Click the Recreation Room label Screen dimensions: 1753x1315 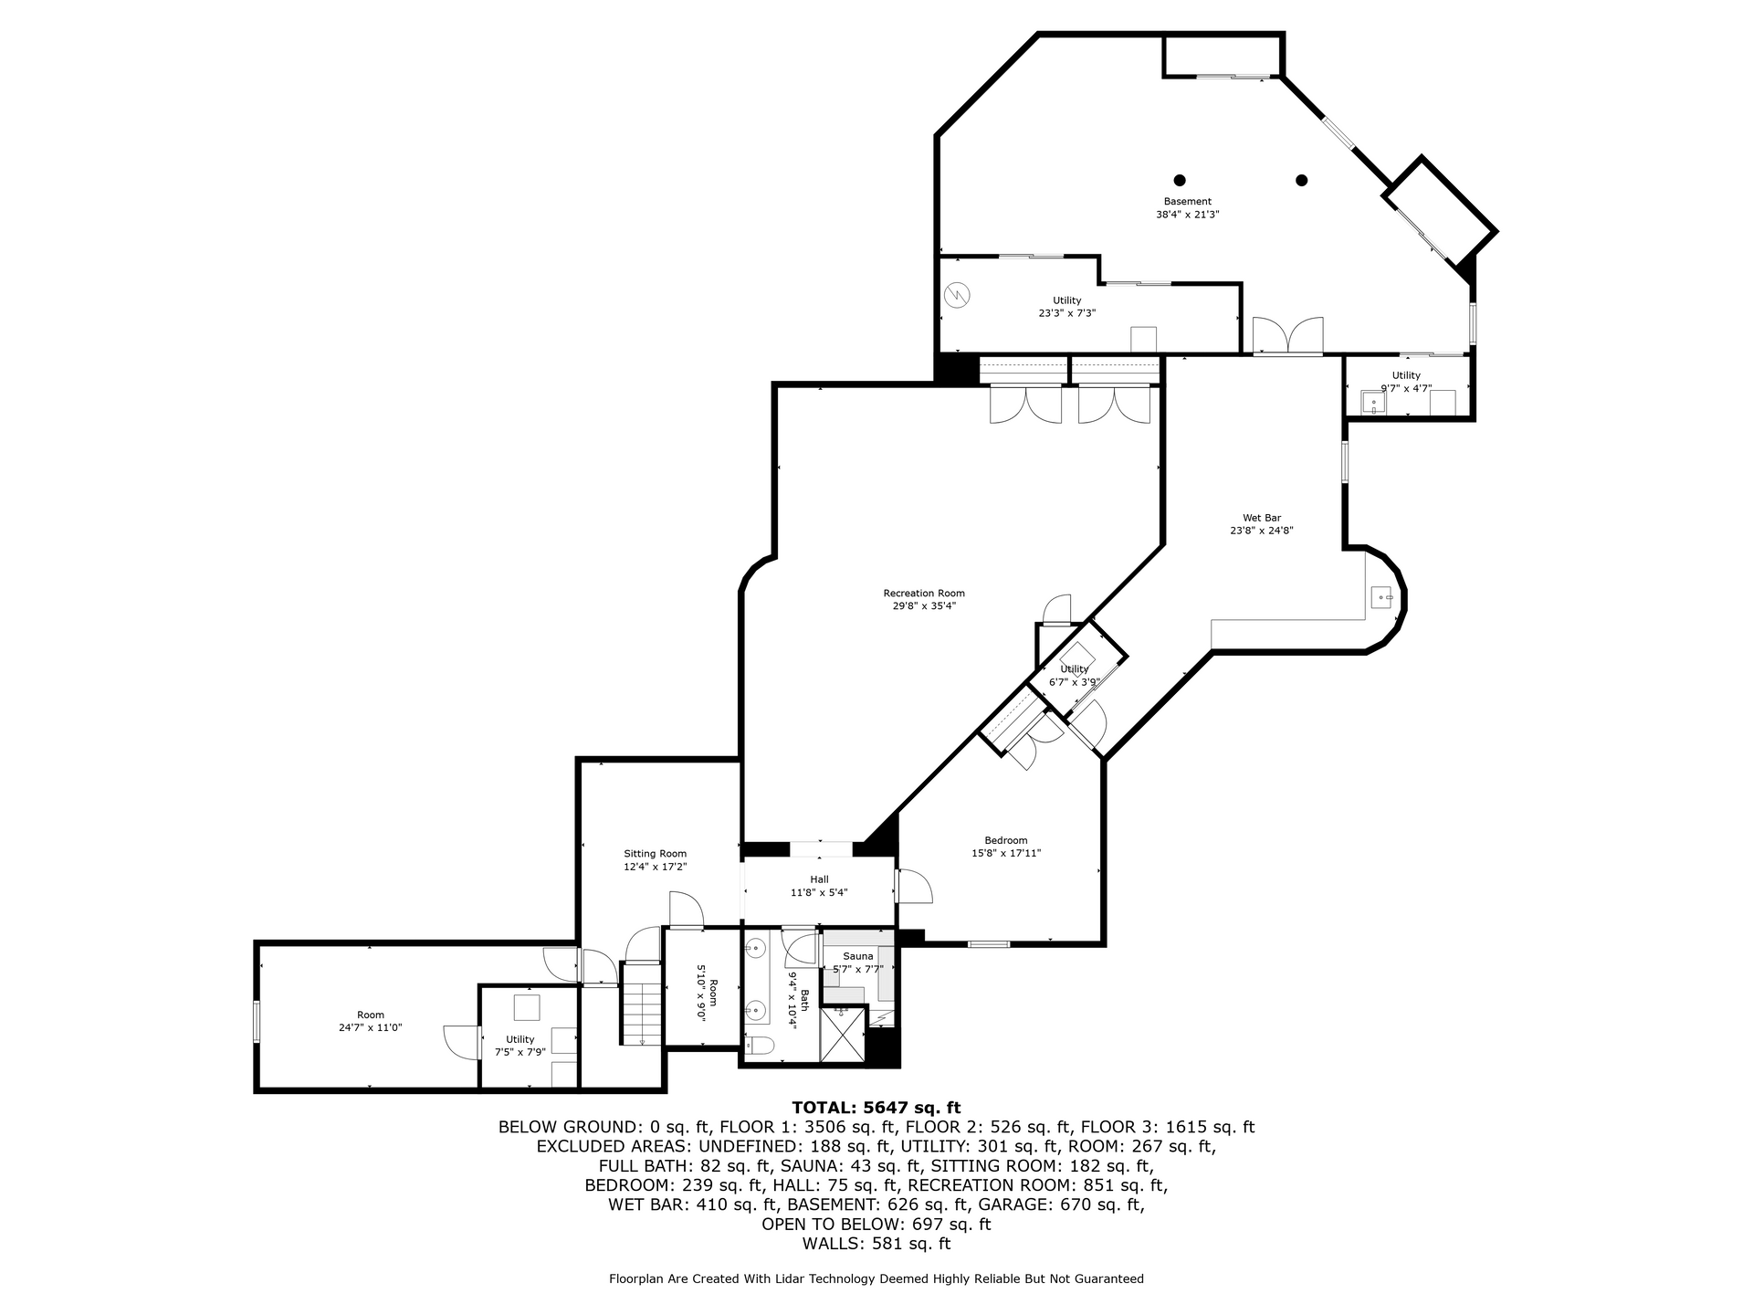coord(924,594)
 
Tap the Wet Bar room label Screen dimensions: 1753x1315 coord(1262,518)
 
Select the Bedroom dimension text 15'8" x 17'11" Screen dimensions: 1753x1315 coord(1006,854)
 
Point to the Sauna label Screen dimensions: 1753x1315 coord(858,956)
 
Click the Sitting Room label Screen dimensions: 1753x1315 coord(655,854)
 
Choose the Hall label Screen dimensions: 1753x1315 coord(819,879)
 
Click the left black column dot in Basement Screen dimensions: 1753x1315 coord(1180,180)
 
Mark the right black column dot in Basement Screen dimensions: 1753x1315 coord(1302,180)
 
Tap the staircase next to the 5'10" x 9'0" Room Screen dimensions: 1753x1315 coord(641,1005)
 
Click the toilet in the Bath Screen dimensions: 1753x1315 coord(761,1045)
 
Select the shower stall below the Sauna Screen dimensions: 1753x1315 coord(841,1034)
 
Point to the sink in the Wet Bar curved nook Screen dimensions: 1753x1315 coord(1383,598)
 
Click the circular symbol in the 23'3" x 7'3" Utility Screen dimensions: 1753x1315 coord(957,294)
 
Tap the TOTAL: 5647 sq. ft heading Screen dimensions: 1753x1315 coord(876,1109)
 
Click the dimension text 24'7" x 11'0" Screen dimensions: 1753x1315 coord(371,1027)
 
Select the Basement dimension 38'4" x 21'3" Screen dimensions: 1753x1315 coord(1188,215)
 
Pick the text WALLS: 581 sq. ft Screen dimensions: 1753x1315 coord(876,1244)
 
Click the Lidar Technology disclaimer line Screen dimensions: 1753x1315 coord(876,1279)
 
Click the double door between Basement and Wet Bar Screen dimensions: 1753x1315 coord(1287,335)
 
